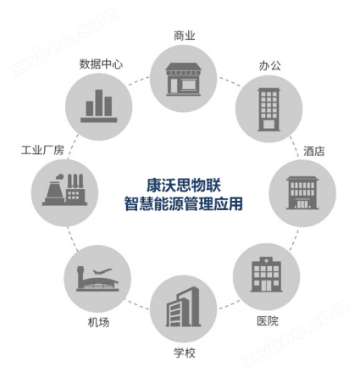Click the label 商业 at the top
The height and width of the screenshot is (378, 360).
[185, 36]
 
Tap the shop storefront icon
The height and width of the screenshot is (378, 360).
[183, 80]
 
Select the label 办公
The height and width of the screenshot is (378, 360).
[269, 65]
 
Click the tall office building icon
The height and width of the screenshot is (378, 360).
[269, 109]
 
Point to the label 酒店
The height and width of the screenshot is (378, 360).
[314, 151]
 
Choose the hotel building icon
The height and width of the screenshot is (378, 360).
[302, 193]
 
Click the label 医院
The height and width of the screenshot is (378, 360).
[268, 321]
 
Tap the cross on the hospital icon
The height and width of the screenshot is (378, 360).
[266, 261]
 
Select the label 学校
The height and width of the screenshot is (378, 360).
[185, 353]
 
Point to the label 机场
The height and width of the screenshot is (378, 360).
[98, 322]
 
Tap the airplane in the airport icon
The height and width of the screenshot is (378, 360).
[102, 271]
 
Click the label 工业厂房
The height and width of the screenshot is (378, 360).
[42, 150]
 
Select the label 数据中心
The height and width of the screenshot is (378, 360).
[101, 64]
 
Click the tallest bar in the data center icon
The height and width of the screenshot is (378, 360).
[99, 103]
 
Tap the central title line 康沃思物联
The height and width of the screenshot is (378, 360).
[184, 186]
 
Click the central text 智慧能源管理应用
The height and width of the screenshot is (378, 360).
[184, 203]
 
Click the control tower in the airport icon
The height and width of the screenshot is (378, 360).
[80, 277]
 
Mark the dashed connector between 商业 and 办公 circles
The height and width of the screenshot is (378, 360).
[230, 81]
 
